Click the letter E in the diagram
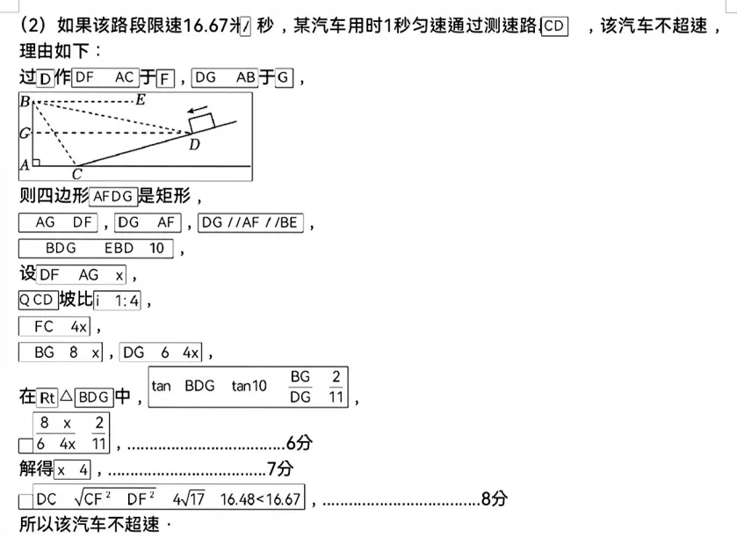click(x=140, y=99)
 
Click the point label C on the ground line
click(x=76, y=173)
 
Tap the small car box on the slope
click(x=202, y=123)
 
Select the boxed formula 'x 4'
click(x=74, y=469)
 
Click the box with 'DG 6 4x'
click(x=162, y=352)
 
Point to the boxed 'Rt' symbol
click(x=48, y=397)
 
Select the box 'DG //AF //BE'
click(x=252, y=223)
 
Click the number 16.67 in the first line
click(x=211, y=25)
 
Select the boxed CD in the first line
click(x=555, y=25)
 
